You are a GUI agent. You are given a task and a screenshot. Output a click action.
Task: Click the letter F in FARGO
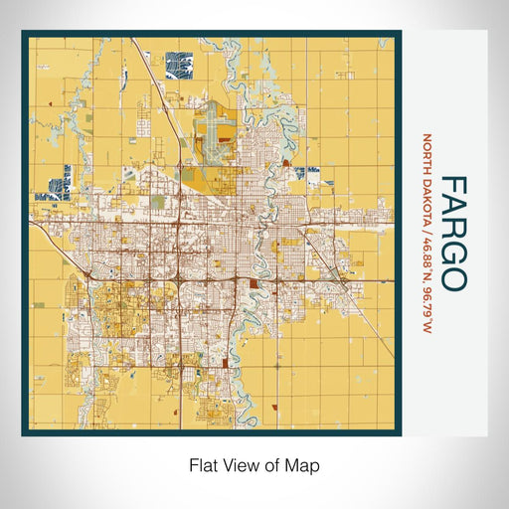tap(452, 189)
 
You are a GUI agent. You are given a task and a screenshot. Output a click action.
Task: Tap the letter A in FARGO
tap(452, 211)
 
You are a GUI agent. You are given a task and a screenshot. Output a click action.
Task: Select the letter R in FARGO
tap(452, 233)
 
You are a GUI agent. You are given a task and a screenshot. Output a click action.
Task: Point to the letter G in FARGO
tap(452, 254)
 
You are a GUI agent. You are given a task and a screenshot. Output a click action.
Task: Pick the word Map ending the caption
tap(303, 464)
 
